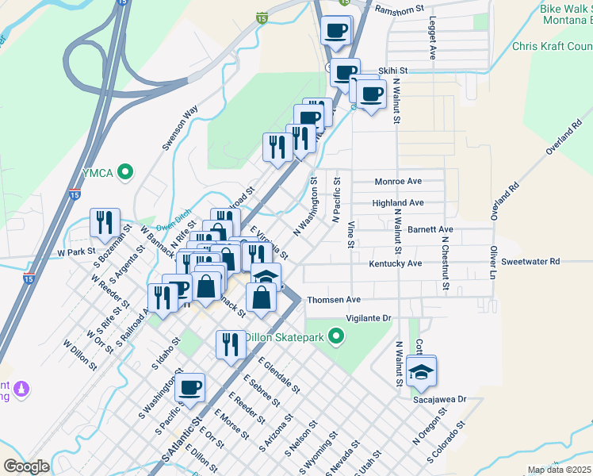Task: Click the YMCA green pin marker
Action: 124,171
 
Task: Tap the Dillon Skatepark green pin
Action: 337,338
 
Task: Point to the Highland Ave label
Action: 398,203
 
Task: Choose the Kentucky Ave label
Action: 396,262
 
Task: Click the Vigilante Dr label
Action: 369,317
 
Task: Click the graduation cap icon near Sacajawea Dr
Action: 422,371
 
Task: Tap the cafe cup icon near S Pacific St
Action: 190,388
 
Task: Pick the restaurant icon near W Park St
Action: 105,223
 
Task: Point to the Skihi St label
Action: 392,71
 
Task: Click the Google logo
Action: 26,466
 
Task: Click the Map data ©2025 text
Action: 559,470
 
